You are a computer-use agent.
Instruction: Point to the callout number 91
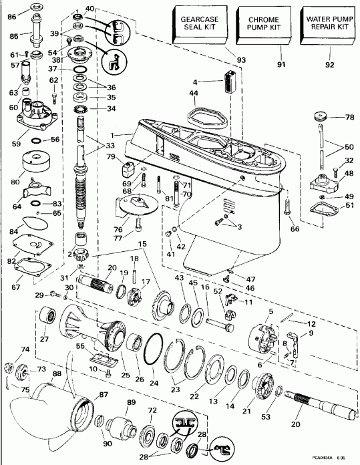pos(281,65)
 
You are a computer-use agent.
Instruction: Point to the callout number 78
pos(348,118)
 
